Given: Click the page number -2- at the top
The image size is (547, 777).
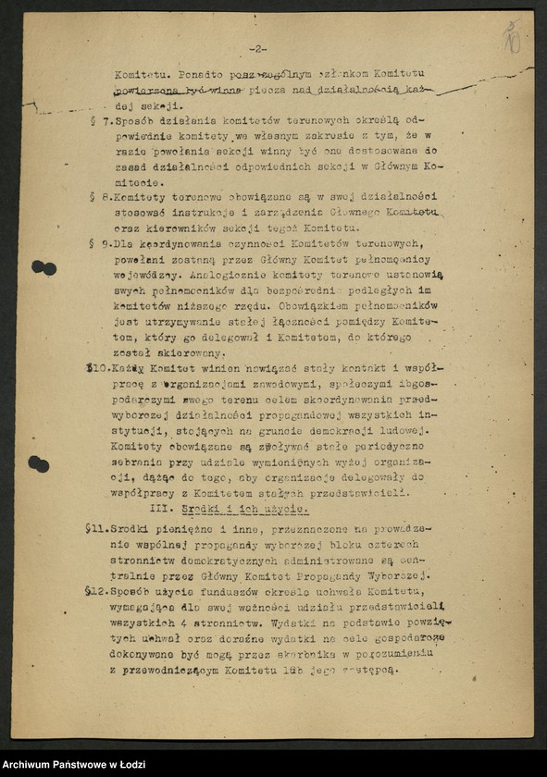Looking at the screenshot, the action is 257,49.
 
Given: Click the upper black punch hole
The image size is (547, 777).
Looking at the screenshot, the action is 44,267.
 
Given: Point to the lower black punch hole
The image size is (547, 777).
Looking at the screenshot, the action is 38,463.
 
